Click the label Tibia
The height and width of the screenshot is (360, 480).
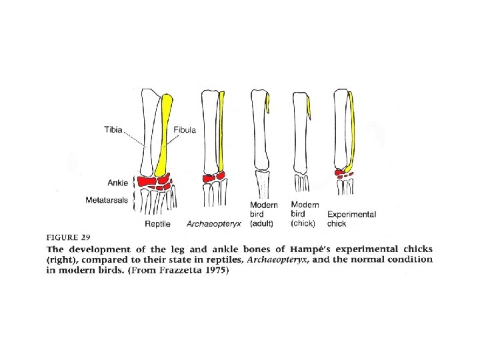(x=113, y=130)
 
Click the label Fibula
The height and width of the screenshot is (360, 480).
(x=185, y=130)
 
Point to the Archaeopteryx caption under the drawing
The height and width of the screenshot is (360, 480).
(x=213, y=224)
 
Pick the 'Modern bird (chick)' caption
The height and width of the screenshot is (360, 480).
(x=305, y=214)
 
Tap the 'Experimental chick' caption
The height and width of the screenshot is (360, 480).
(x=351, y=219)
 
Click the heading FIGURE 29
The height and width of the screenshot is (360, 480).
(x=69, y=237)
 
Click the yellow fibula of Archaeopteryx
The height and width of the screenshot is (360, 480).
(x=223, y=133)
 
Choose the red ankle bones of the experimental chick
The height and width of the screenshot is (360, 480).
(x=343, y=173)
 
